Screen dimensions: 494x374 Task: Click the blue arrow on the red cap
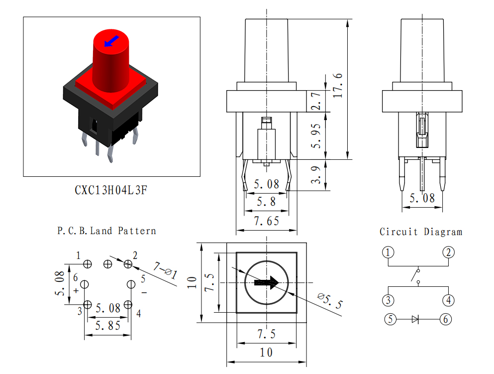[x=111, y=41]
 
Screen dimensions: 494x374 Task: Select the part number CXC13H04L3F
[x=111, y=190]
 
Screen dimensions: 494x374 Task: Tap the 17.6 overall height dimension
[x=337, y=86]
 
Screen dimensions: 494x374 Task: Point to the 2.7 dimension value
[x=316, y=101]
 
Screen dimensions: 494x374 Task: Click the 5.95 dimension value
[x=316, y=136]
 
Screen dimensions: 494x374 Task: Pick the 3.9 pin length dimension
[x=316, y=175]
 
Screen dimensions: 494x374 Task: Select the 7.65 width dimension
[x=267, y=221]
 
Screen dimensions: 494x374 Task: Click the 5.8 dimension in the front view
[x=266, y=202]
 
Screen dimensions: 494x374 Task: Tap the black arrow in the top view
[x=267, y=282]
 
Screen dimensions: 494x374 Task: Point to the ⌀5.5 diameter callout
[x=330, y=300]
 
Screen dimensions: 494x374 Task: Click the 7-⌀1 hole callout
[x=165, y=271]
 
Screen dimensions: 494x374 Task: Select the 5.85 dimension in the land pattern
[x=108, y=326]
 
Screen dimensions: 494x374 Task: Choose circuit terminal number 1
[x=388, y=252]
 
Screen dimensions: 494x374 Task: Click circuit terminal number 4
[x=449, y=300]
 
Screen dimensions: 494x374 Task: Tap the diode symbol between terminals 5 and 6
[x=415, y=319]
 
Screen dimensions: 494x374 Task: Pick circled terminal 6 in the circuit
[x=445, y=319]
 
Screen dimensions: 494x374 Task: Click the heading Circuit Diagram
[x=421, y=232]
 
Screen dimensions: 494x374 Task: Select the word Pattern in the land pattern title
[x=137, y=231]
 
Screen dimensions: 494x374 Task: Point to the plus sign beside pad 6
[x=76, y=290]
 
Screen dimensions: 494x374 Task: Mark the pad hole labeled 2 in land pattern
[x=128, y=264]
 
